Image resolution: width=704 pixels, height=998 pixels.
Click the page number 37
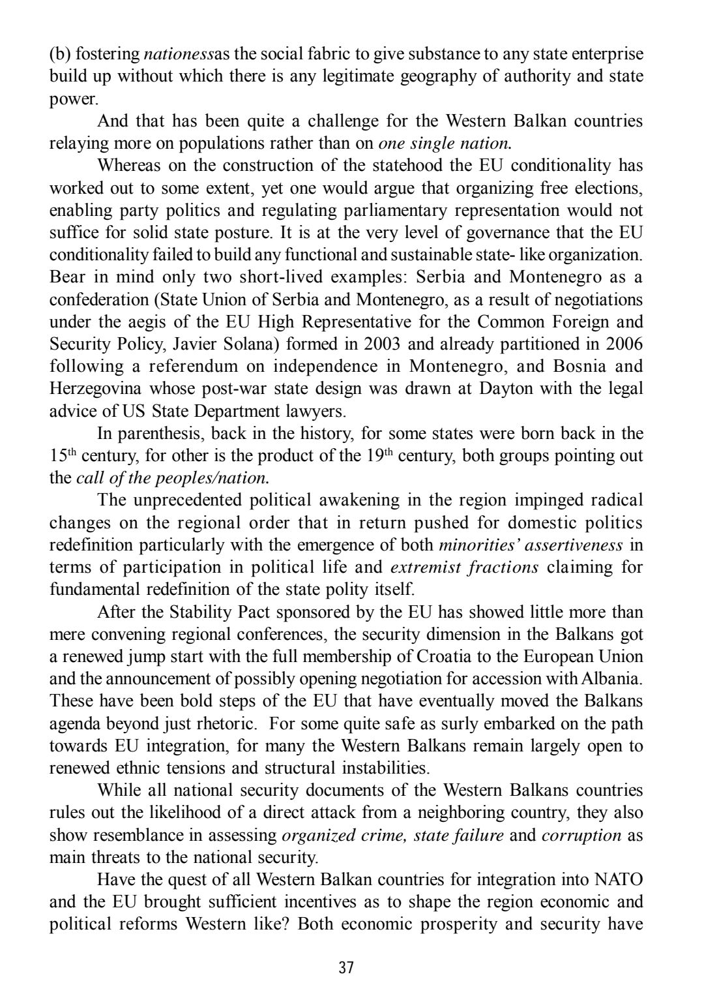point(346,967)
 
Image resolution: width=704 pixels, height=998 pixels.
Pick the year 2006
point(622,344)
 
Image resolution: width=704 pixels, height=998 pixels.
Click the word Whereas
point(127,166)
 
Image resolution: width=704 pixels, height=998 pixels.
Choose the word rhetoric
point(234,723)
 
